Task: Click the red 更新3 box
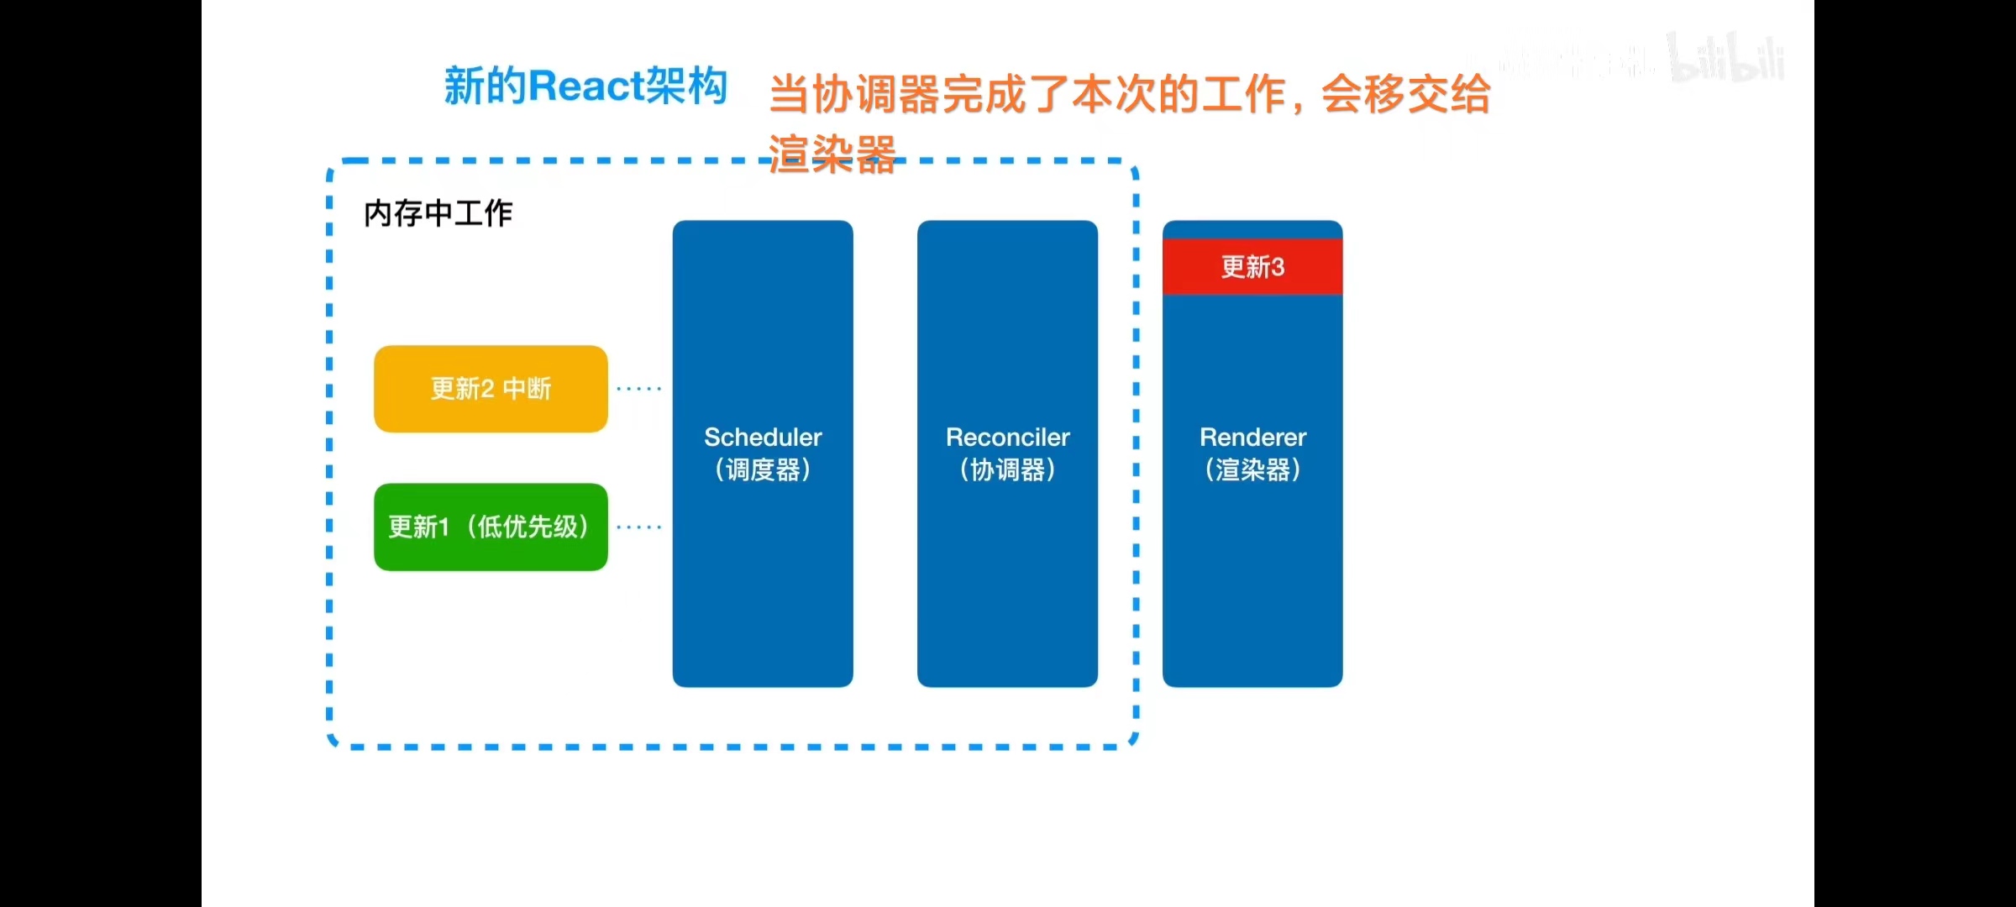[1252, 267]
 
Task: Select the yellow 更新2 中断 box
[491, 389]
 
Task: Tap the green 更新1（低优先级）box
[491, 527]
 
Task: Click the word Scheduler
[763, 437]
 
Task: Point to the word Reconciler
[1007, 437]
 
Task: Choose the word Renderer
[1252, 437]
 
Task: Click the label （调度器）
[763, 469]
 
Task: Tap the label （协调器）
[1007, 469]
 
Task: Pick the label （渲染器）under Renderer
[1252, 469]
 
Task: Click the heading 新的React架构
[585, 87]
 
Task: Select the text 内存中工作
[438, 213]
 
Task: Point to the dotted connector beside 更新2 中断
[639, 389]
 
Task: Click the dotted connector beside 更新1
[639, 527]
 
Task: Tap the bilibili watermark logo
[1726, 59]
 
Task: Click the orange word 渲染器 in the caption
[832, 155]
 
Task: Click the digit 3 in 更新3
[1277, 267]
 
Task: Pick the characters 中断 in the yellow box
[527, 389]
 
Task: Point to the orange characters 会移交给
[1405, 94]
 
